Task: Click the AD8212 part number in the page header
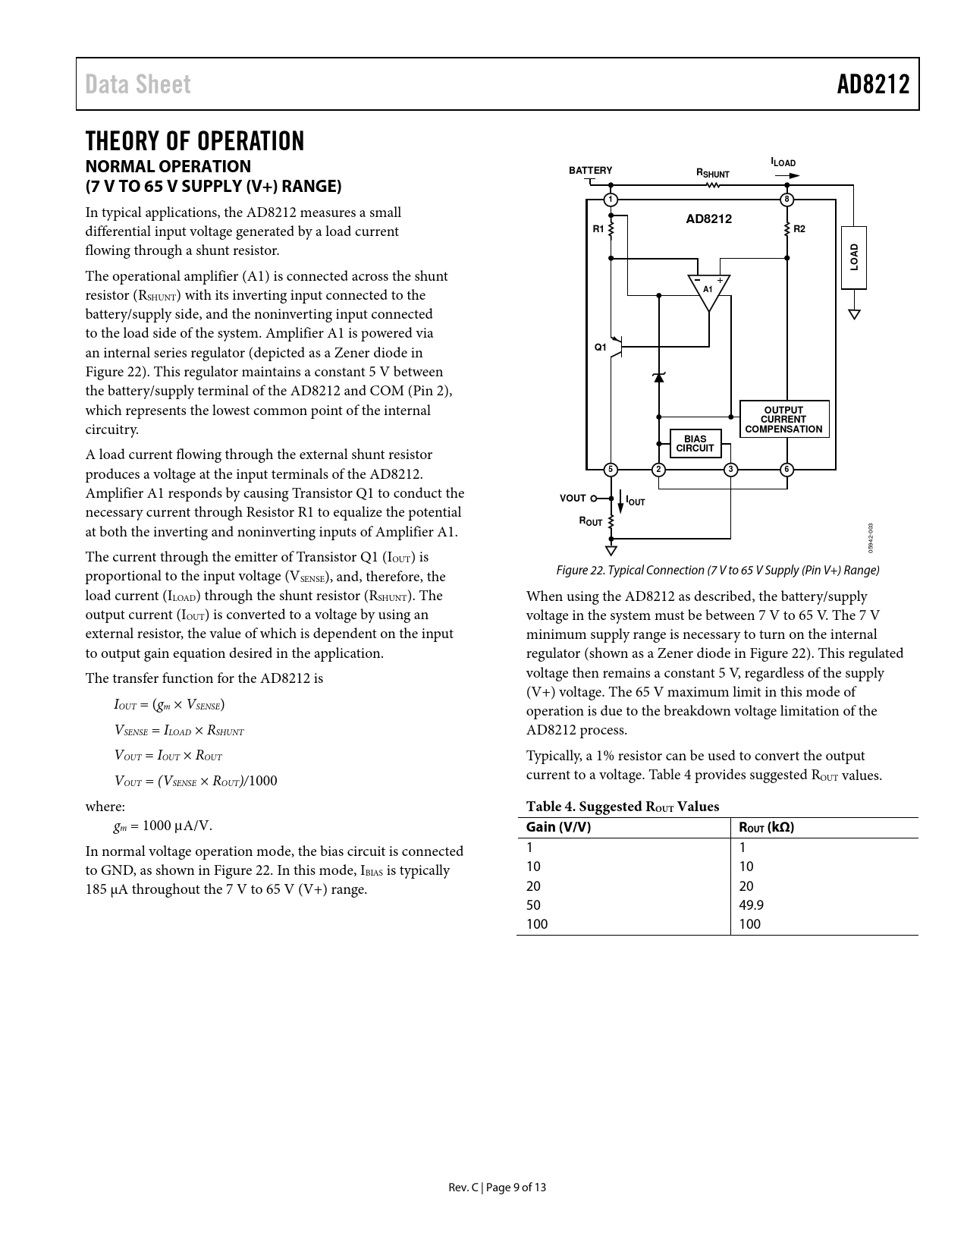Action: (x=873, y=84)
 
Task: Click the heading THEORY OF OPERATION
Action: (x=195, y=141)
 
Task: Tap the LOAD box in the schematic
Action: (x=854, y=257)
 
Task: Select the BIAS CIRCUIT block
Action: (x=695, y=444)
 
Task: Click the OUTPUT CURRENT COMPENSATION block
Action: (x=783, y=420)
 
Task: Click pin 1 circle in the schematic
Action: (x=611, y=200)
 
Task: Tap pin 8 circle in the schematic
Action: (x=787, y=200)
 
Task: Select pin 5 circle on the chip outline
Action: (x=611, y=470)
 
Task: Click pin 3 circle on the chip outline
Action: (x=730, y=470)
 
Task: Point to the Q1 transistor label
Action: (x=600, y=347)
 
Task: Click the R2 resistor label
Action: (x=799, y=228)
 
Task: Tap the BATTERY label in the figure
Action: (x=590, y=170)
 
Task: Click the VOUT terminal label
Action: (x=573, y=499)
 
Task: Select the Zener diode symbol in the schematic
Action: (x=658, y=377)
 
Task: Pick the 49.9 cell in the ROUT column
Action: (x=751, y=904)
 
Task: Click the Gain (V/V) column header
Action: (x=558, y=827)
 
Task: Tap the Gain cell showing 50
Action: (x=533, y=904)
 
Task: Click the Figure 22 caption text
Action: (x=717, y=570)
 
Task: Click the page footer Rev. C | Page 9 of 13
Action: (x=497, y=1188)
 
